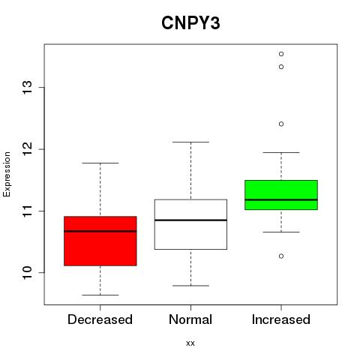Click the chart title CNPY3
click(x=190, y=23)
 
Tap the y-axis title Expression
click(x=7, y=174)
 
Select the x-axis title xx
click(x=190, y=343)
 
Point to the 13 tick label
click(x=28, y=87)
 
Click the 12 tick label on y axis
click(x=28, y=149)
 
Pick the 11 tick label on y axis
click(x=28, y=211)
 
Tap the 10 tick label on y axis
click(x=28, y=272)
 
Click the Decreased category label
click(x=100, y=319)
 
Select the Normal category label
click(x=190, y=319)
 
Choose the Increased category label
click(x=281, y=319)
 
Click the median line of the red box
click(x=100, y=231)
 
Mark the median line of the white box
click(x=190, y=220)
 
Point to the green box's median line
click(x=281, y=199)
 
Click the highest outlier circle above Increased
click(x=281, y=54)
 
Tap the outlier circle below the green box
click(x=281, y=256)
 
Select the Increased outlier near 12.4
click(x=281, y=124)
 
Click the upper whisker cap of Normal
click(x=190, y=142)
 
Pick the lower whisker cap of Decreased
click(x=100, y=295)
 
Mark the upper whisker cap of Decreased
click(x=100, y=163)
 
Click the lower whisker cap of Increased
click(x=281, y=232)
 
